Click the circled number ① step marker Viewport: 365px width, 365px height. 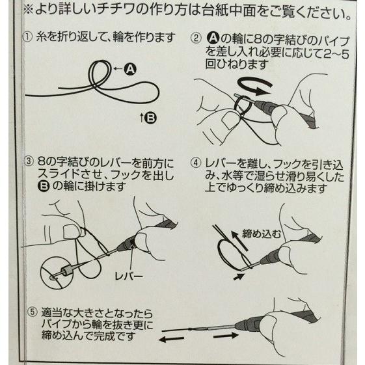(27, 37)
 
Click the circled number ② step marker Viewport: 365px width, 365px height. (196, 38)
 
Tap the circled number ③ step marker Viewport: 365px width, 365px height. (29, 161)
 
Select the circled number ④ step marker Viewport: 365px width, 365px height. (196, 163)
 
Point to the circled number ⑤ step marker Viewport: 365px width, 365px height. (32, 312)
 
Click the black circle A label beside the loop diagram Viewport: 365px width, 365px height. (130, 69)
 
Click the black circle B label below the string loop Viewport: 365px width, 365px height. (150, 118)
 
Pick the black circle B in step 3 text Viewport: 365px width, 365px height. (44, 186)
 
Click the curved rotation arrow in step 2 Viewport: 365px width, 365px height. (254, 86)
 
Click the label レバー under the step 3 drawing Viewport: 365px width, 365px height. (128, 276)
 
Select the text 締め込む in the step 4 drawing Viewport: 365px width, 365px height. (262, 234)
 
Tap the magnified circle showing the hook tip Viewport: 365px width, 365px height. (57, 273)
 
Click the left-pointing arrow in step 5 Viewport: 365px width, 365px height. (171, 340)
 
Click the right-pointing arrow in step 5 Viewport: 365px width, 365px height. (226, 336)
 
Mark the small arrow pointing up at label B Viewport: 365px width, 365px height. (142, 118)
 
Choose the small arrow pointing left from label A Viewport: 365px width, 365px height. (118, 69)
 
